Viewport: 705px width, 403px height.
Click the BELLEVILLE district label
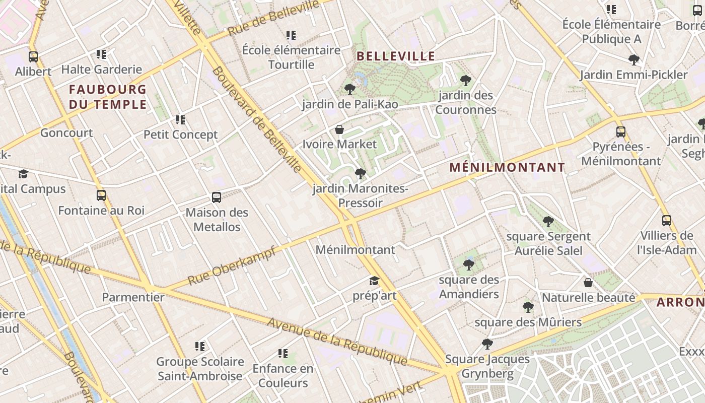[395, 56]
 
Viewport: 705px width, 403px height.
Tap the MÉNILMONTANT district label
[507, 167]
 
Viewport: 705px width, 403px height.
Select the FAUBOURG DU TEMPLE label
[108, 97]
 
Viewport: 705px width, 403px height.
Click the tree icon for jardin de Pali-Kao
[349, 89]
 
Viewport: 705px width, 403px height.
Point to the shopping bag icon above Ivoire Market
[339, 129]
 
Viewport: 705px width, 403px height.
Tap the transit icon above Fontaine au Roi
[101, 195]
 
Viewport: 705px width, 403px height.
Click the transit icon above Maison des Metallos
[217, 197]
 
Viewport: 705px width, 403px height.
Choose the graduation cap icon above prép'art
[374, 281]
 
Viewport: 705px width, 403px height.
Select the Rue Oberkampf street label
[232, 265]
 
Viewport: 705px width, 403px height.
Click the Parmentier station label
[133, 297]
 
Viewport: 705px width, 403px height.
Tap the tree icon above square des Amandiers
[469, 264]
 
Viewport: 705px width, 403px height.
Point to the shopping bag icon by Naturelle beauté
[588, 283]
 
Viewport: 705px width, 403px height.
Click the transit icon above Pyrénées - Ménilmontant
[621, 132]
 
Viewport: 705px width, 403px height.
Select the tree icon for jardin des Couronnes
[466, 80]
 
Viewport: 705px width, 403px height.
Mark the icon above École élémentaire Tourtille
[291, 35]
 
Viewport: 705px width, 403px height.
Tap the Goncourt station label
[66, 133]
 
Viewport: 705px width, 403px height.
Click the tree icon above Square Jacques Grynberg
[487, 344]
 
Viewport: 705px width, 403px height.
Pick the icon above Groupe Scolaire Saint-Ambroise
[200, 347]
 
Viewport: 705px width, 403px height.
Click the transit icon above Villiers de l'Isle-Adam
[667, 220]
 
